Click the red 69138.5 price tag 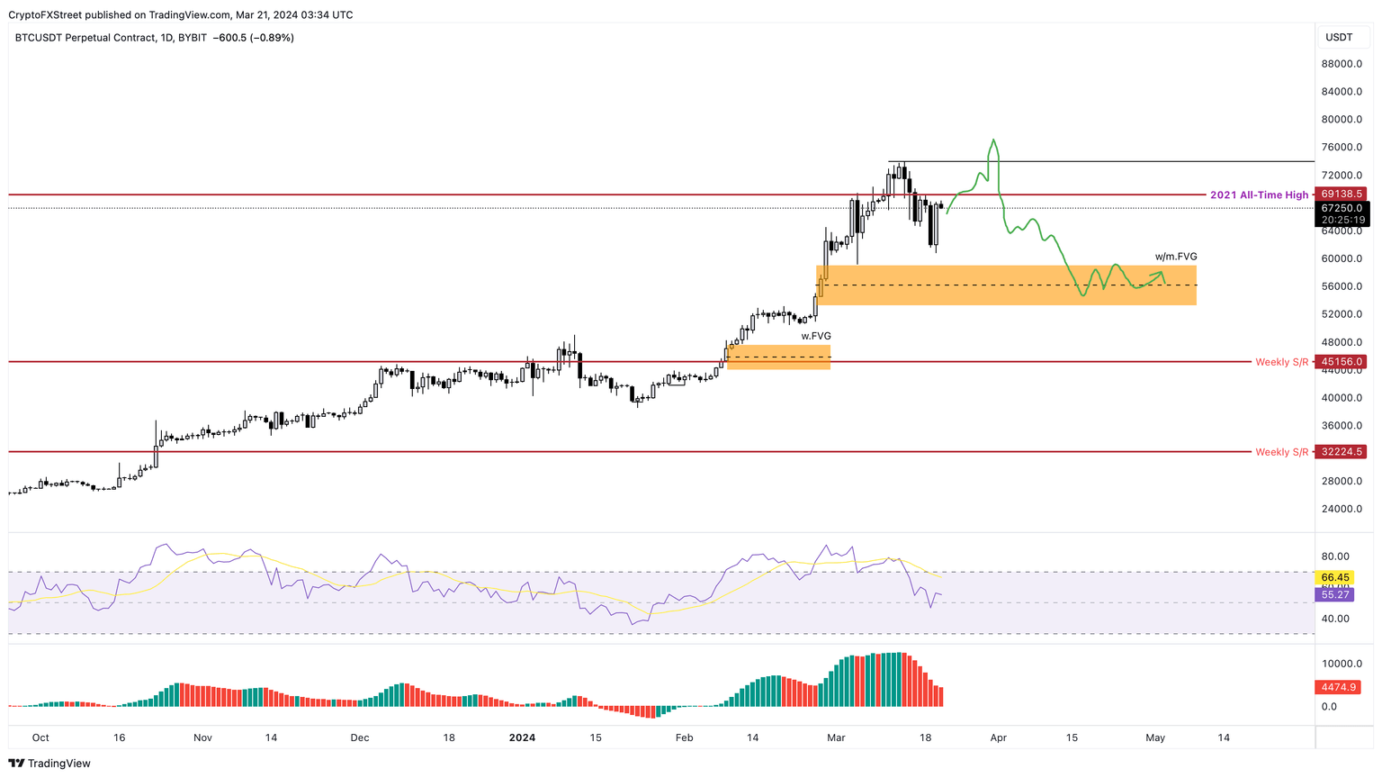[1341, 194]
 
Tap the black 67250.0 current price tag [1341, 208]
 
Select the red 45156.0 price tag [1341, 362]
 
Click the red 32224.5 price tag [1341, 452]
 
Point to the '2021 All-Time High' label [1259, 194]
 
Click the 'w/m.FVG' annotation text [1176, 257]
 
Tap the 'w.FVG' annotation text [816, 336]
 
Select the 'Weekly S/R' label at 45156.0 [1281, 362]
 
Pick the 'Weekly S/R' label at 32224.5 [1281, 452]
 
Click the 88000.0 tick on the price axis [1341, 64]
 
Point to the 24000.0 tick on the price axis [1341, 509]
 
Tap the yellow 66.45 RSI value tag [1335, 577]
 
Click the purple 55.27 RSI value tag [1335, 595]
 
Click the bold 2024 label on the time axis [522, 737]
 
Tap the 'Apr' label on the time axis [998, 737]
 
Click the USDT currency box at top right [1339, 38]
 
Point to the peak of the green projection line [993, 140]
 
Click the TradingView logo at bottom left [50, 764]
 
